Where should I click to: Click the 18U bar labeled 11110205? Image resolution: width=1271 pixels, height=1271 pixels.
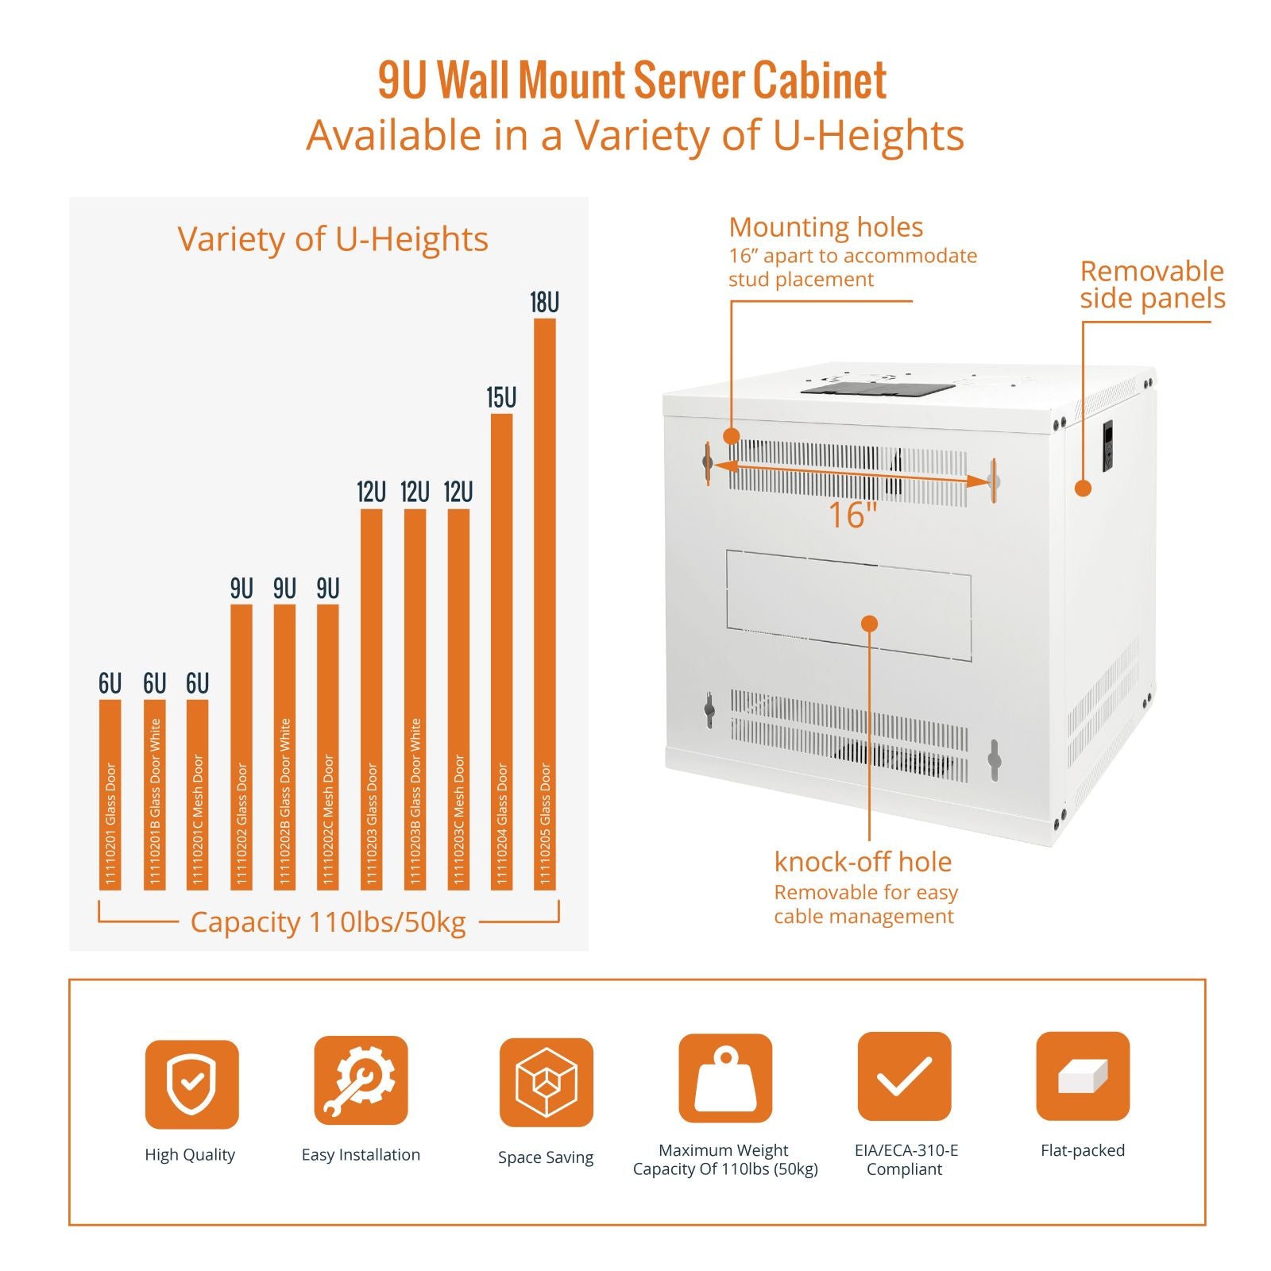tap(545, 604)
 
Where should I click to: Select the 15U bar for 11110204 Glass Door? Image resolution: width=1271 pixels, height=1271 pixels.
tap(501, 651)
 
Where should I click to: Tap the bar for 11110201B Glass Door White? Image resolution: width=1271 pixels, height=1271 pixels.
tap(155, 794)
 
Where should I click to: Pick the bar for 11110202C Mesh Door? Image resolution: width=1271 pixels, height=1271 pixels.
tap(328, 747)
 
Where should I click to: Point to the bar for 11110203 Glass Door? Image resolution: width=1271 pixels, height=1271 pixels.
tap(371, 699)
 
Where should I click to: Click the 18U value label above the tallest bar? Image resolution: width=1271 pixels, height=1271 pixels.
tap(545, 303)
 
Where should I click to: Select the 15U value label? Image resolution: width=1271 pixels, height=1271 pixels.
tap(501, 397)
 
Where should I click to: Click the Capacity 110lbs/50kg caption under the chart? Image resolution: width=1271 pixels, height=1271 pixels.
tap(328, 922)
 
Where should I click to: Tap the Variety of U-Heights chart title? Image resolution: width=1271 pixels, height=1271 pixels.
tap(332, 239)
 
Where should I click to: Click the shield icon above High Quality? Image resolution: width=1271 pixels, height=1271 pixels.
tap(191, 1084)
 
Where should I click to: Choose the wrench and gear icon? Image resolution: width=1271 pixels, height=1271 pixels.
tap(361, 1080)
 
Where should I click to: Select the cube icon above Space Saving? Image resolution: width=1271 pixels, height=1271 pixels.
tap(546, 1082)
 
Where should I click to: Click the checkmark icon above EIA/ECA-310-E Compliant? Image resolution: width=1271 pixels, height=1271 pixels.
tap(904, 1076)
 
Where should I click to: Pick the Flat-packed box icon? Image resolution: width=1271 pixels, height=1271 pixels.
tap(1083, 1076)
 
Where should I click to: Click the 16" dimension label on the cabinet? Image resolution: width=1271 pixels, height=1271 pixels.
tap(852, 515)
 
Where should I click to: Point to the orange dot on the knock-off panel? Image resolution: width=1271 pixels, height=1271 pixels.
tap(870, 624)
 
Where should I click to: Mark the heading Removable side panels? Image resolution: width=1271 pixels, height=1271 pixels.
tap(1152, 284)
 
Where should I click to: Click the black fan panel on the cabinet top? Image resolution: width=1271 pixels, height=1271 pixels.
tap(877, 388)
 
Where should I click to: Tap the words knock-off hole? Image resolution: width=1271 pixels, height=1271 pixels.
tap(863, 862)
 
